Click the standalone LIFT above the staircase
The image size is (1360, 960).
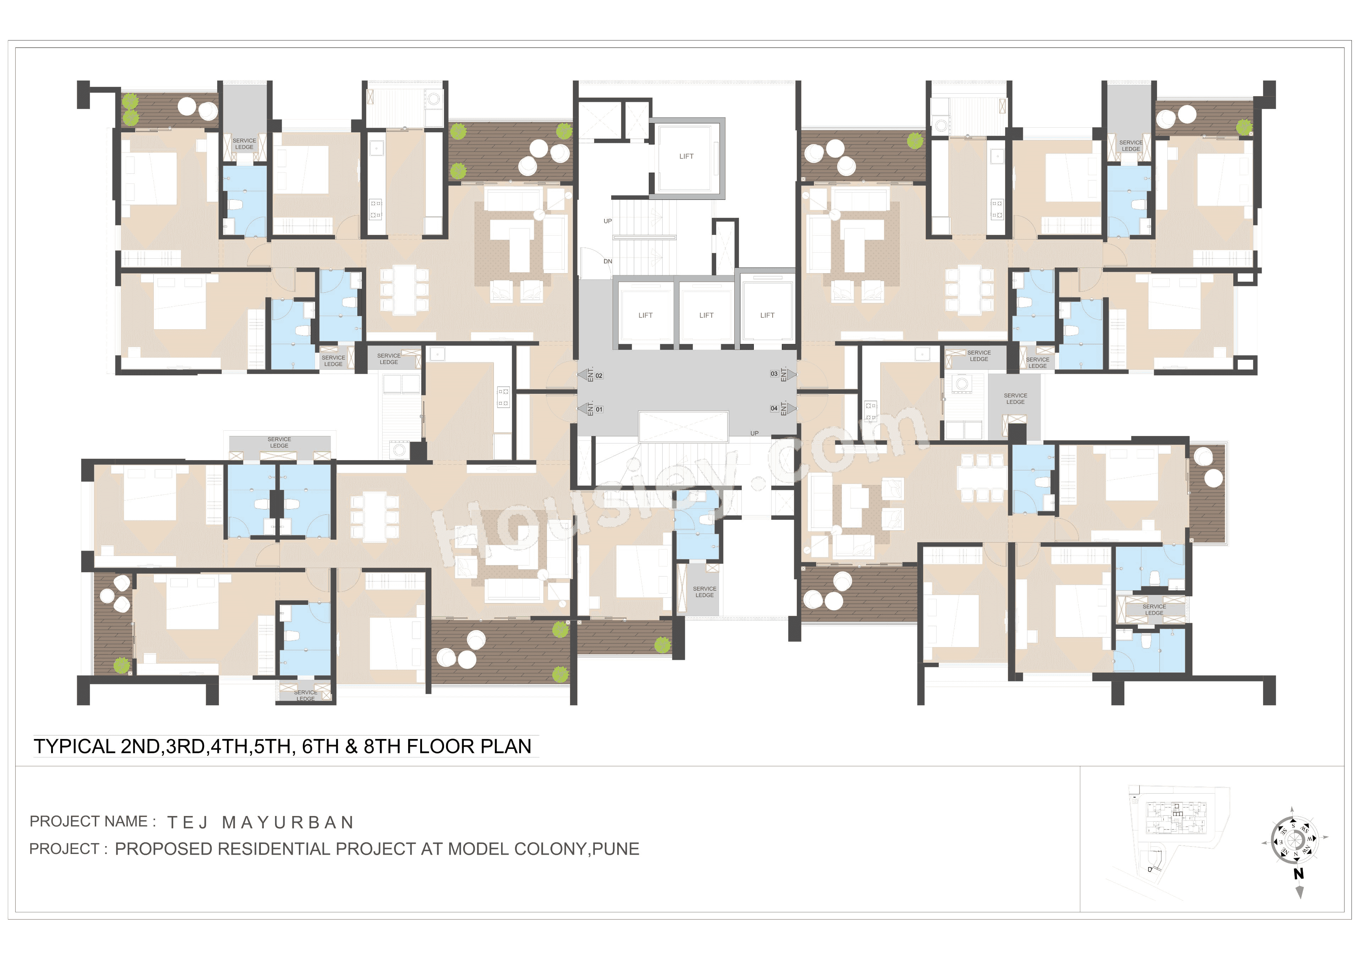pyautogui.click(x=686, y=156)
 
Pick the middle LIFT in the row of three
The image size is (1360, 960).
pyautogui.click(x=706, y=315)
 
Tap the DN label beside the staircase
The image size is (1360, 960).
pyautogui.click(x=608, y=261)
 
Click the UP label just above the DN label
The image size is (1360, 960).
pyautogui.click(x=608, y=221)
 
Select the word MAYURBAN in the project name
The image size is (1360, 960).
pyautogui.click(x=288, y=823)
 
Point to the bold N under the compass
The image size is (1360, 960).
pyautogui.click(x=1298, y=873)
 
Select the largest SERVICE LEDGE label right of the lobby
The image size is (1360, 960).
pyautogui.click(x=1015, y=398)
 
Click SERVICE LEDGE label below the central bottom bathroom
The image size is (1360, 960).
pyautogui.click(x=704, y=592)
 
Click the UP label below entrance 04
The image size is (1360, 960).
pyautogui.click(x=754, y=433)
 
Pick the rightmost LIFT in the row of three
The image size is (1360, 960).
pyautogui.click(x=767, y=315)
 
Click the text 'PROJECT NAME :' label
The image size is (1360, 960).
pyautogui.click(x=92, y=821)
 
